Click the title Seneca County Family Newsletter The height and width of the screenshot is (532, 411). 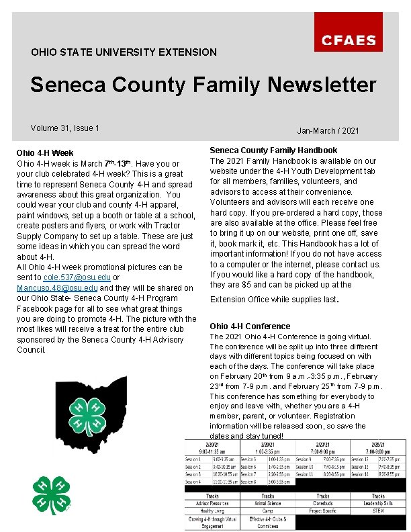(203, 85)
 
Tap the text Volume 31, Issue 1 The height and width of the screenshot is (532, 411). (65, 128)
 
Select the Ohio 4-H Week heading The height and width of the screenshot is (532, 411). (45, 153)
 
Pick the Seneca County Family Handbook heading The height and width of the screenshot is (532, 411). (273, 150)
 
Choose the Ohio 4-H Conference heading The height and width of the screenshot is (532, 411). (250, 326)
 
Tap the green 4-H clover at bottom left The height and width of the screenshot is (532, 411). (52, 496)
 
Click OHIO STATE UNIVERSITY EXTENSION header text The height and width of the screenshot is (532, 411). (124, 52)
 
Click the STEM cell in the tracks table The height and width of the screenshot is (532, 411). (378, 511)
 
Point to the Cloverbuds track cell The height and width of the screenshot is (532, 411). (322, 503)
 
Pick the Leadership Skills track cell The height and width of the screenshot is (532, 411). (378, 503)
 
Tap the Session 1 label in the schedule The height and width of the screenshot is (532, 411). (194, 459)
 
